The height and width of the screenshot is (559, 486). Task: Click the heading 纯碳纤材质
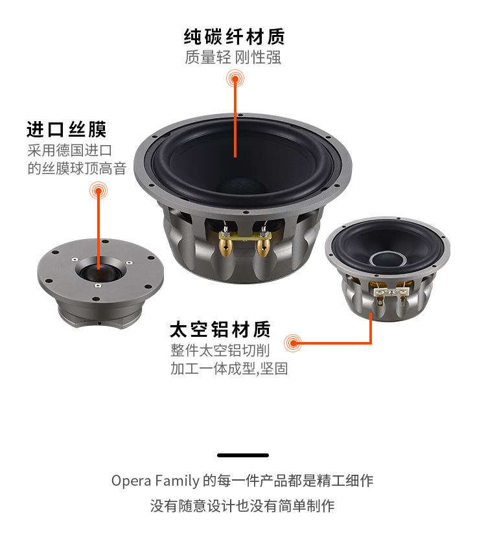[235, 37]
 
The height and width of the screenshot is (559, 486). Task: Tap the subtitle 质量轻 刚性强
[233, 58]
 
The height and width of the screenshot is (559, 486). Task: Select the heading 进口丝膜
[67, 130]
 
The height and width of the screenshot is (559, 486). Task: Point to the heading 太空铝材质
[220, 330]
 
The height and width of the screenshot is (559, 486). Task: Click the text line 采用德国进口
[70, 150]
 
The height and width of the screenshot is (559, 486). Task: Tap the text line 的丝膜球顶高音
[77, 168]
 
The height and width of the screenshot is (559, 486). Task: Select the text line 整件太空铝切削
[220, 350]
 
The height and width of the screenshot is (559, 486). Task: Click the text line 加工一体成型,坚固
[229, 369]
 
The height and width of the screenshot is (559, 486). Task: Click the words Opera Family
[156, 481]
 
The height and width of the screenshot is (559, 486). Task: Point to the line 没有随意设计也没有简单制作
[242, 506]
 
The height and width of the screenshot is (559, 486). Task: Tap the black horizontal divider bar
[243, 455]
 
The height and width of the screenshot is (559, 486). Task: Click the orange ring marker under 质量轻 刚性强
[235, 78]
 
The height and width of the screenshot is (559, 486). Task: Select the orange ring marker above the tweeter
[98, 190]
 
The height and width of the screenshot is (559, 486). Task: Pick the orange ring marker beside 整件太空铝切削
[293, 343]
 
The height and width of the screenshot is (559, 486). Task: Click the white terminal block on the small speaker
[391, 292]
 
